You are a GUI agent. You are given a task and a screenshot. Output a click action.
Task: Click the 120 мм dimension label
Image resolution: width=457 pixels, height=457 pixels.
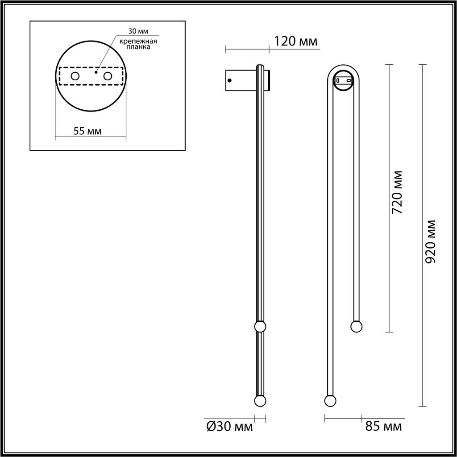pos(295,42)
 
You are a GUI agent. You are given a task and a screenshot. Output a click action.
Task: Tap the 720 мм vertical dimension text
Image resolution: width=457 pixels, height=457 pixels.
pos(397,192)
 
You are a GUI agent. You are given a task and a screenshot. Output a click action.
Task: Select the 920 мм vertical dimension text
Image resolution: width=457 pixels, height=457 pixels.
pos(431,241)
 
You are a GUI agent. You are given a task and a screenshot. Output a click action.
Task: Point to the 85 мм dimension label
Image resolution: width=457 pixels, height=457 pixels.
pos(383,427)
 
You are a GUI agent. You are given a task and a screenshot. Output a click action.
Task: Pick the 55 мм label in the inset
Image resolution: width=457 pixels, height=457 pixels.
pos(87,131)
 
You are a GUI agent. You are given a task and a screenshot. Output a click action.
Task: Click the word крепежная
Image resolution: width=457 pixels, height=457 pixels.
pos(138,41)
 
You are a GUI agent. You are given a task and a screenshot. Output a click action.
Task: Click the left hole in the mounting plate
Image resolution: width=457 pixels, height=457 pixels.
pos(75,76)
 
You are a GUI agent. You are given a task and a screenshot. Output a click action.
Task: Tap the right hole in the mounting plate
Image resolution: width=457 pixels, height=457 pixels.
pos(108,76)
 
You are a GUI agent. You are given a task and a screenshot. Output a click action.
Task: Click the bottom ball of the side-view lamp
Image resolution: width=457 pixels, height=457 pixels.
pos(260,401)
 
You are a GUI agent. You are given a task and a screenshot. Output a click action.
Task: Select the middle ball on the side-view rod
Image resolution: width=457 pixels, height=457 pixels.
pos(260,327)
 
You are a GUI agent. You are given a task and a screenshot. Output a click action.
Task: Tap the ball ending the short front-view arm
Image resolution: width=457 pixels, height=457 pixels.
pos(356,327)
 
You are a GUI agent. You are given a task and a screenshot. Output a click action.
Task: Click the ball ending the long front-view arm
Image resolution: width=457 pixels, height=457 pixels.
pos(330,401)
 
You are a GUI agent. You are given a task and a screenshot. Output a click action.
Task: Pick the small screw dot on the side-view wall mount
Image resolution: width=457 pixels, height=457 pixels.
pos(229,81)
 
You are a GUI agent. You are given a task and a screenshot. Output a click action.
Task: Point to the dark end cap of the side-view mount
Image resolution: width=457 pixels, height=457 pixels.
pos(269,80)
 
